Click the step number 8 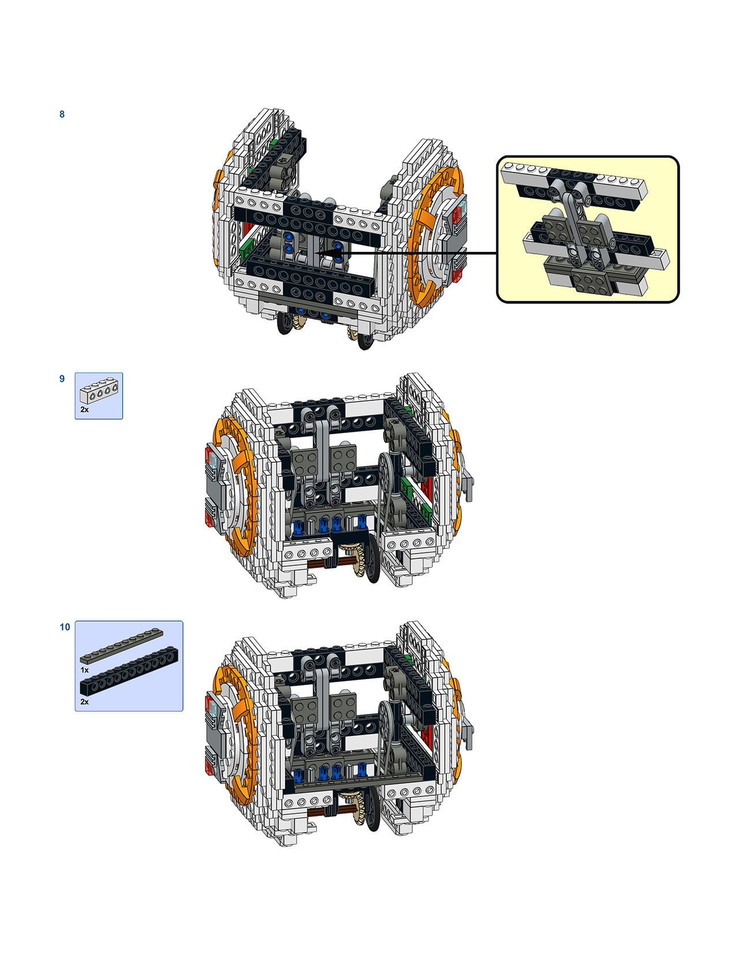(x=62, y=114)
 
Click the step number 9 (x=62, y=379)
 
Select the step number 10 (x=65, y=627)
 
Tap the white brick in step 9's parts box (x=99, y=390)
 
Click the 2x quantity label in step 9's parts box (x=84, y=409)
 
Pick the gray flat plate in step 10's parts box (x=122, y=646)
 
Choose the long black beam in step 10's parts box (x=129, y=671)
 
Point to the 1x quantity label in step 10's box (x=84, y=670)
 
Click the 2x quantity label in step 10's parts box (x=84, y=702)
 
